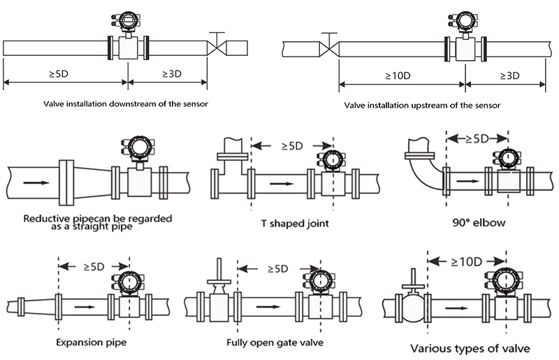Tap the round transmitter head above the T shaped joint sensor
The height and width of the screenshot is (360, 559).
(x=328, y=159)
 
